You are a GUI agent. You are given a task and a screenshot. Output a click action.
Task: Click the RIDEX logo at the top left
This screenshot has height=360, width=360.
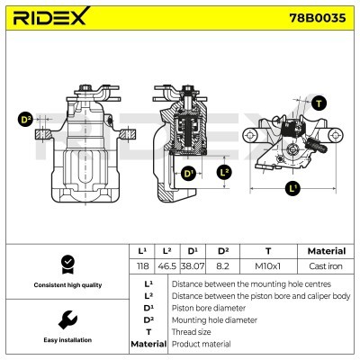50,18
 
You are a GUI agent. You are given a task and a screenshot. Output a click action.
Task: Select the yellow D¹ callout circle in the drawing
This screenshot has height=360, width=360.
189,173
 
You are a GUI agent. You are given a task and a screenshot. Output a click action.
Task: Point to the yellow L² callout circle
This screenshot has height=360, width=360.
225,172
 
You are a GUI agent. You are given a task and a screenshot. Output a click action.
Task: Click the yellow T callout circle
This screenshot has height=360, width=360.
321,103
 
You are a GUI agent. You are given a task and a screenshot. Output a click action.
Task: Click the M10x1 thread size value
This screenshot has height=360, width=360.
267,267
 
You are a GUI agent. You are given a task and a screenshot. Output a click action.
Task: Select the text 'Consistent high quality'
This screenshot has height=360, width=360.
66,285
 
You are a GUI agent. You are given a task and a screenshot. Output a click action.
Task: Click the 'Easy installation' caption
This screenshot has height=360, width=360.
66,341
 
